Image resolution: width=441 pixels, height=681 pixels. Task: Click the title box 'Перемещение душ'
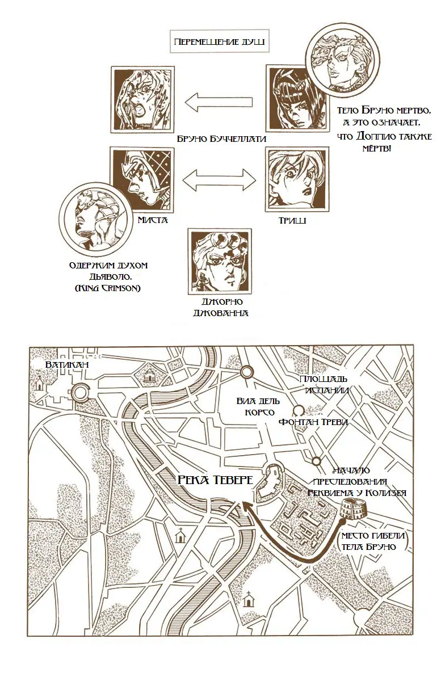point(219,41)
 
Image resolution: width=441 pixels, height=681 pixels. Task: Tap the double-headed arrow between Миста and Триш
point(219,180)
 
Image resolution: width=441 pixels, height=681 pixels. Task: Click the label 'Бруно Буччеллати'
point(222,138)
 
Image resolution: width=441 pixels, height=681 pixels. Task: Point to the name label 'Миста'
point(153,220)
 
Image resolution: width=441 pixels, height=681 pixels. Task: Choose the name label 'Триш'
point(292,220)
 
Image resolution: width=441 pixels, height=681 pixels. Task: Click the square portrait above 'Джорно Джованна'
point(220,261)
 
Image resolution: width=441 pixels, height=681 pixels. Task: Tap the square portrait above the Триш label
point(297,179)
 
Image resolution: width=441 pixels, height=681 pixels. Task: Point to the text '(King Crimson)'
point(108,288)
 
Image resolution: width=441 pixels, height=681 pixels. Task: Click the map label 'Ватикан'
point(67,364)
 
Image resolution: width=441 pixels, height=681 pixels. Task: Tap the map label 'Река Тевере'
point(215,480)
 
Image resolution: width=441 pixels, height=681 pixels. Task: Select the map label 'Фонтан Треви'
point(313,422)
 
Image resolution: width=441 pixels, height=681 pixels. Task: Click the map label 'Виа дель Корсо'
point(258,407)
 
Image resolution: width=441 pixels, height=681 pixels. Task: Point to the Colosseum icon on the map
point(354,508)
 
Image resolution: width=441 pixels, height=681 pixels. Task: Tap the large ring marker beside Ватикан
point(80,392)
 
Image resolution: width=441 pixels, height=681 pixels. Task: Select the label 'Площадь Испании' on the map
point(323,385)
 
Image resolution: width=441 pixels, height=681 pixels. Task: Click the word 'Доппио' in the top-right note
point(372,136)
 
